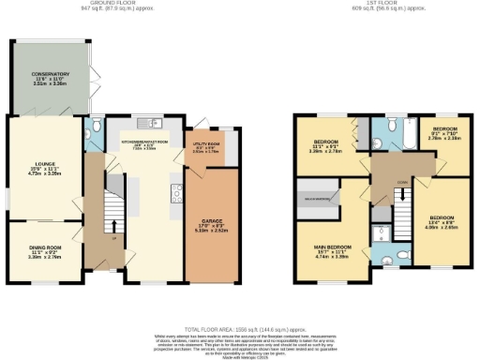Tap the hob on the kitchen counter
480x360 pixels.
175,194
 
